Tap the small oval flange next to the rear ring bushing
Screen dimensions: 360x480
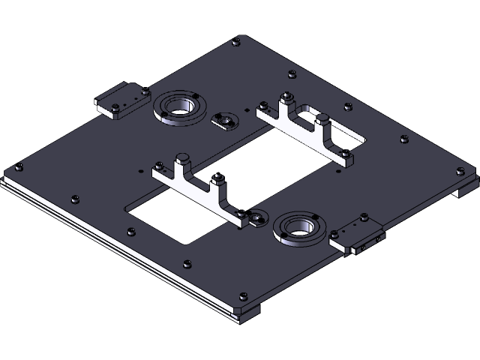pos(223,119)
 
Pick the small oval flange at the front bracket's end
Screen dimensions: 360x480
pos(258,218)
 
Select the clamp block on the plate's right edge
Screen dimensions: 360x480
pos(357,235)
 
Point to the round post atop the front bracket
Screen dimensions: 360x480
pos(181,158)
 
